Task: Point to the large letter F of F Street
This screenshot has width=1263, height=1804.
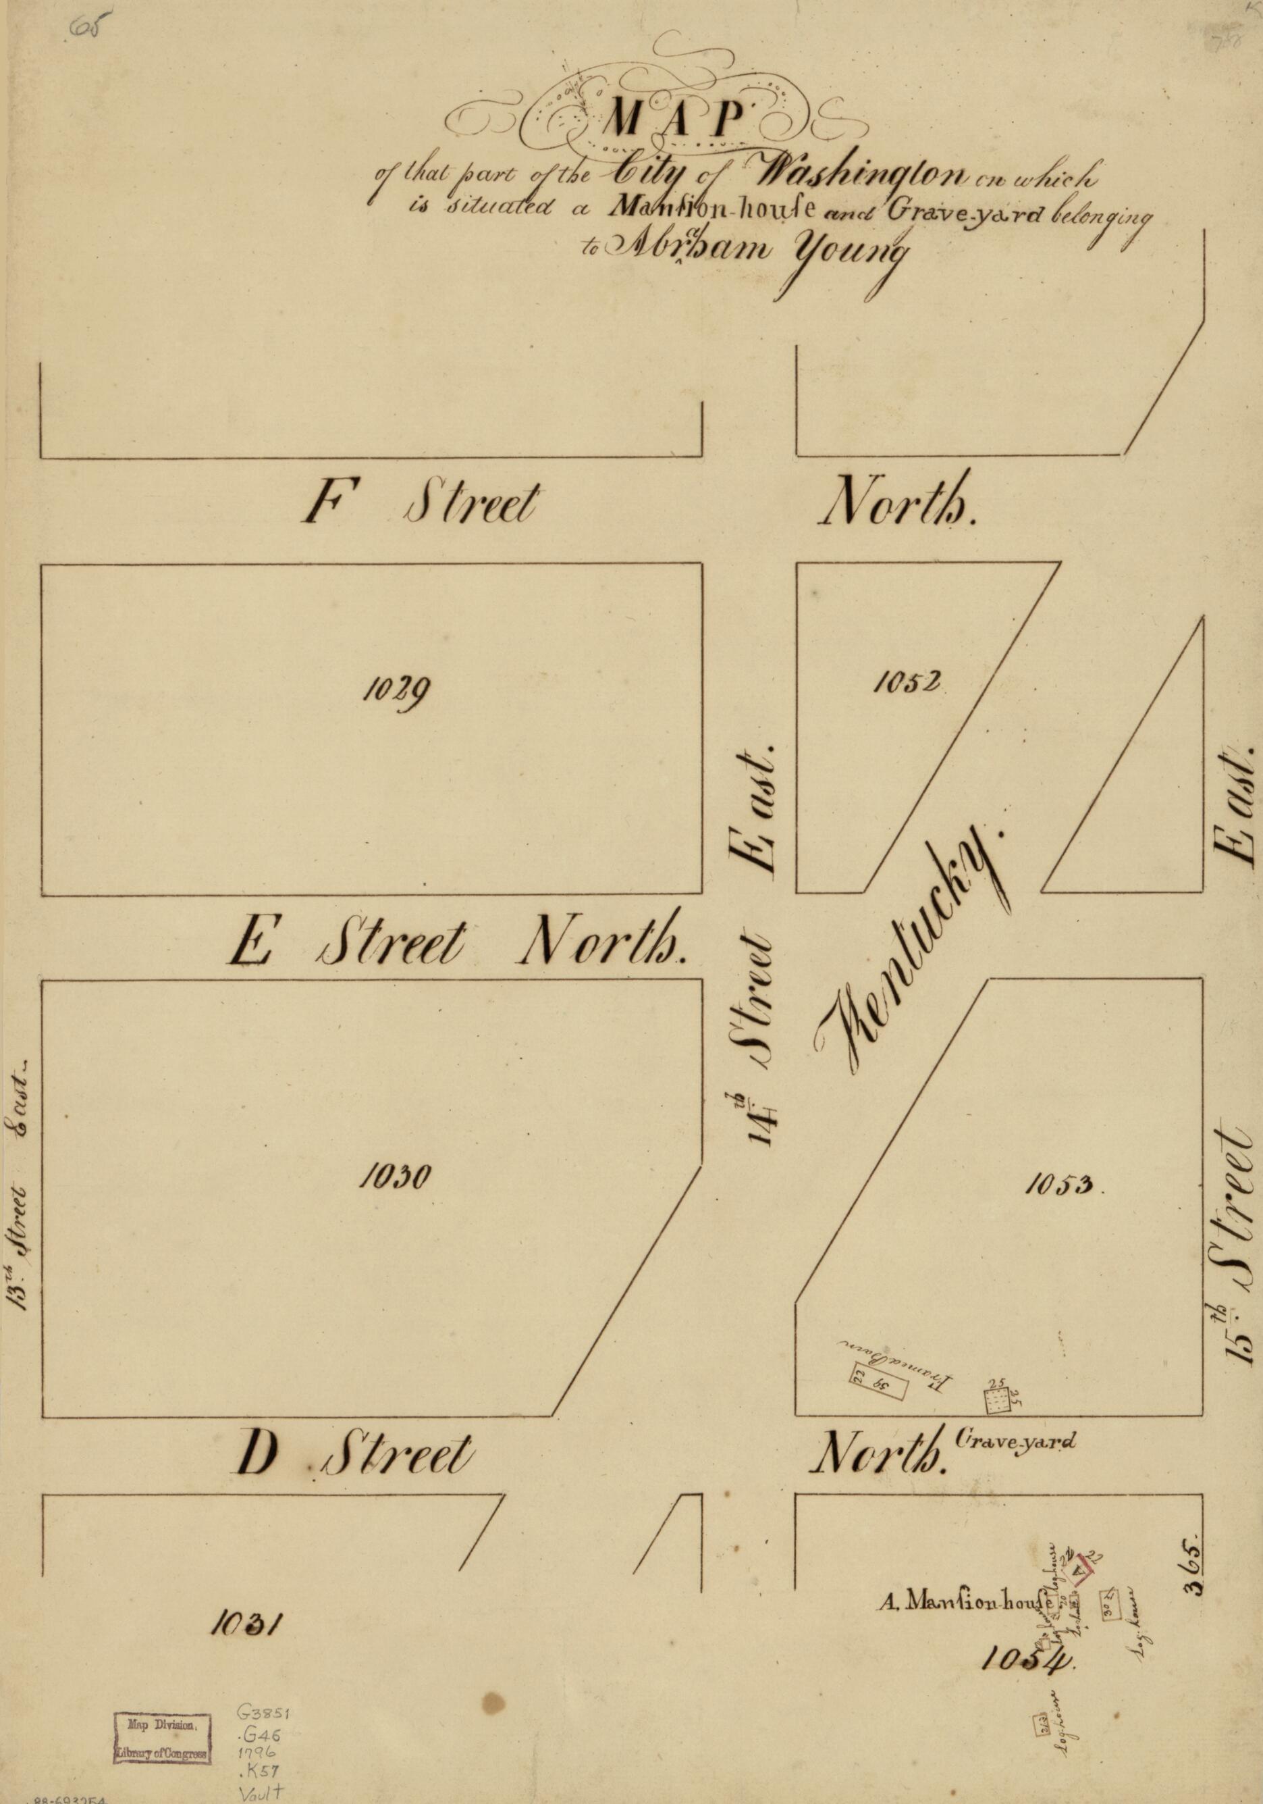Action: tap(326, 505)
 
